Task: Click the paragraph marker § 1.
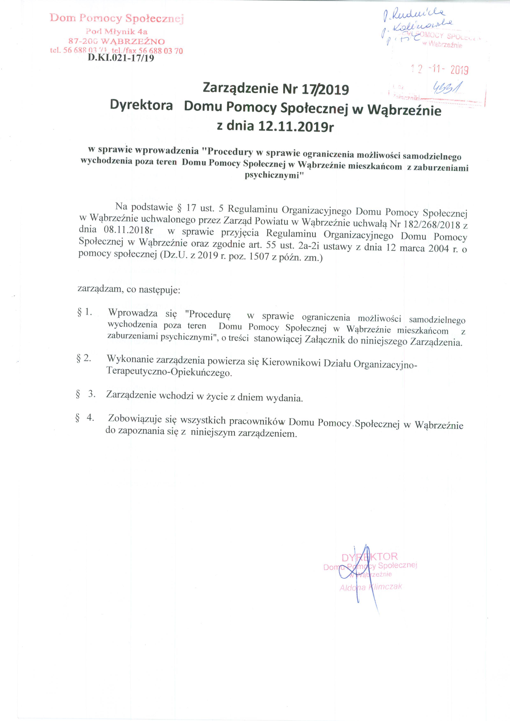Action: [x=85, y=312]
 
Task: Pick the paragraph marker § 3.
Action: [x=85, y=394]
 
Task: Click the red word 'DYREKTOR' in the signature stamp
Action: [x=369, y=557]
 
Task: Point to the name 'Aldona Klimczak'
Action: [x=371, y=587]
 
